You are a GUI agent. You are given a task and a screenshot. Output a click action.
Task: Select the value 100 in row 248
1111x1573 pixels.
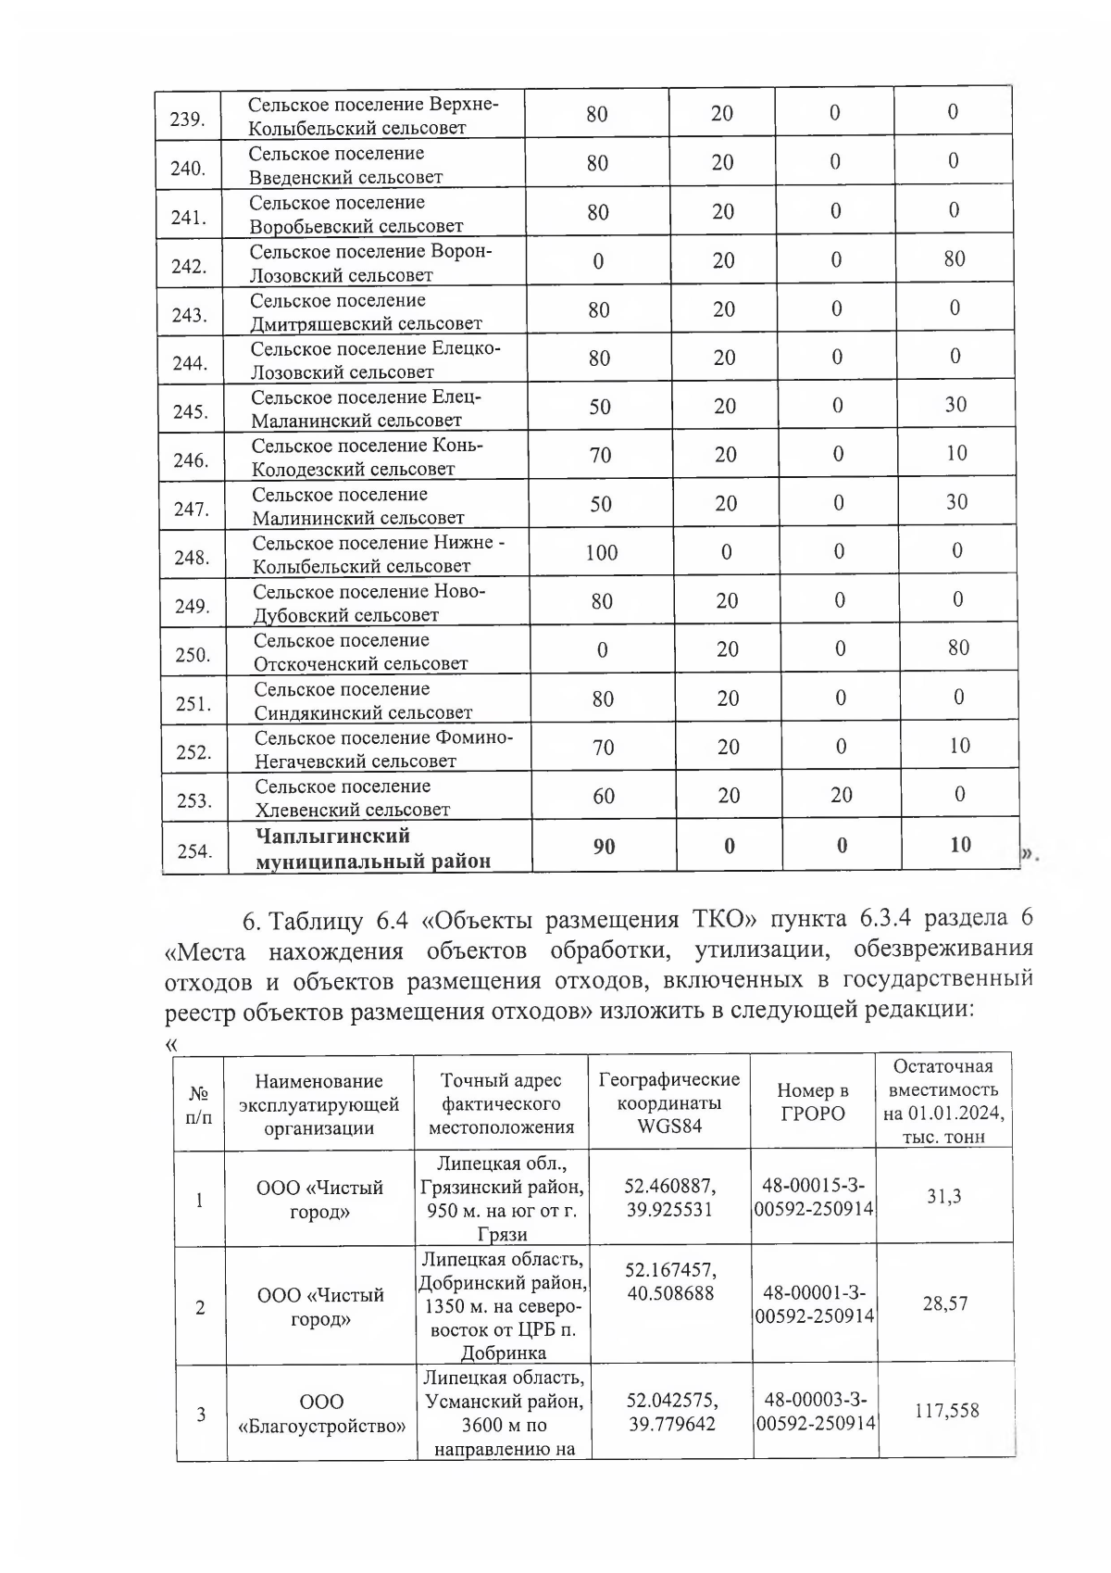click(601, 553)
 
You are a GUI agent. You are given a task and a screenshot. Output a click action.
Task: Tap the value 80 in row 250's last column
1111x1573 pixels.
click(958, 648)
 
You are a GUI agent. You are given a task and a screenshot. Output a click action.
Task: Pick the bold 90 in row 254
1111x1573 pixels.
click(604, 846)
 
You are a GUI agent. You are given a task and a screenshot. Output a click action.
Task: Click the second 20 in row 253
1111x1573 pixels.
click(841, 795)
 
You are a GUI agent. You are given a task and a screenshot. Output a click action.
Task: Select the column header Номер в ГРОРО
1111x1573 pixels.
click(813, 1102)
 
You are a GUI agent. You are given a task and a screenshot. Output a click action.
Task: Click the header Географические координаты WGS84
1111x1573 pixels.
click(669, 1102)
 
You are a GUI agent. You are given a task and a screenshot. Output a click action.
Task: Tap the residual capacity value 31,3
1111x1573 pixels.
click(944, 1197)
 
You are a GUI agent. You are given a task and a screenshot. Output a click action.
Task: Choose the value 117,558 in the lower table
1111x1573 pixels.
click(946, 1411)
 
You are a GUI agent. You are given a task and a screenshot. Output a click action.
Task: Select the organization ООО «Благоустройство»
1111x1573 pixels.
click(321, 1414)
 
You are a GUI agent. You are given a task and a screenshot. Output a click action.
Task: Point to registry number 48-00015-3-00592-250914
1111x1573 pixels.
click(814, 1198)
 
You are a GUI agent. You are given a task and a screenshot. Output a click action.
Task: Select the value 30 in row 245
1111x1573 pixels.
click(955, 405)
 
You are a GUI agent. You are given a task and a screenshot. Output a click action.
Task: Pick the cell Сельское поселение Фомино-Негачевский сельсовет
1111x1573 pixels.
click(382, 749)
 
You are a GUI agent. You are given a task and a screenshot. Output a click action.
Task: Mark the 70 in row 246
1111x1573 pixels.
click(600, 455)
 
